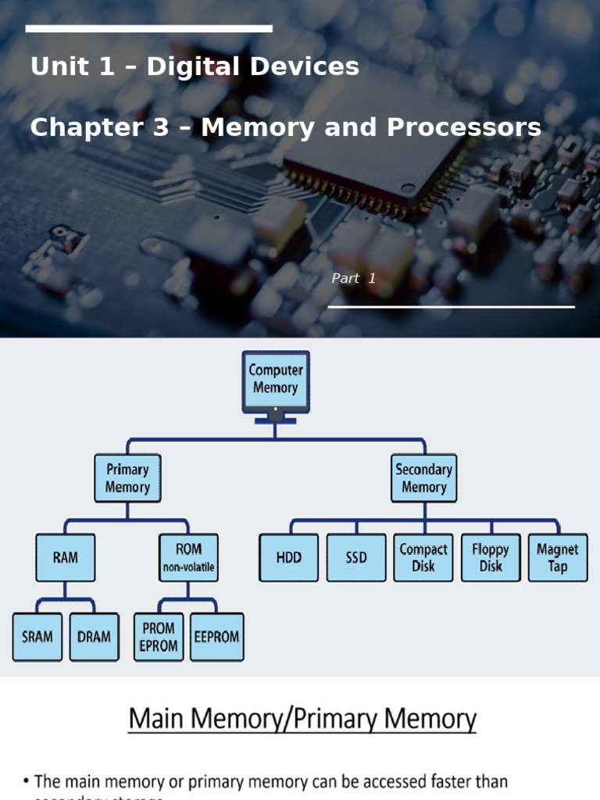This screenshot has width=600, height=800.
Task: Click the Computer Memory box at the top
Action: point(275,380)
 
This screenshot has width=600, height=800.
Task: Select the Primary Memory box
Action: point(127,478)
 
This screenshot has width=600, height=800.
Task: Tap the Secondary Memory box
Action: point(423,478)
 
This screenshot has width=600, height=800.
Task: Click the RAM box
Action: point(66,558)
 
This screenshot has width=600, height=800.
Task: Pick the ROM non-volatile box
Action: point(188,558)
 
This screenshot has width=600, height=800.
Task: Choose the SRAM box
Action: point(37,637)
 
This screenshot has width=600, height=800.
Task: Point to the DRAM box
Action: point(95,637)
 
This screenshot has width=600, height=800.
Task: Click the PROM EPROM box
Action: point(159,637)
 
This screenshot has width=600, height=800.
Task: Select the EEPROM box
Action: point(216,637)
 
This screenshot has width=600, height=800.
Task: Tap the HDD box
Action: point(288,558)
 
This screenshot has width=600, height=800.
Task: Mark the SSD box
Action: point(356,558)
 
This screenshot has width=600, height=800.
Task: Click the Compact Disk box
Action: point(423,558)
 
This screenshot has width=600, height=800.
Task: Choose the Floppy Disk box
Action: point(491,558)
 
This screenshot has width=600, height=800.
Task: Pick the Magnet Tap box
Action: point(558,558)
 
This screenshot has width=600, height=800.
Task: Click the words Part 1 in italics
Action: point(354,279)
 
